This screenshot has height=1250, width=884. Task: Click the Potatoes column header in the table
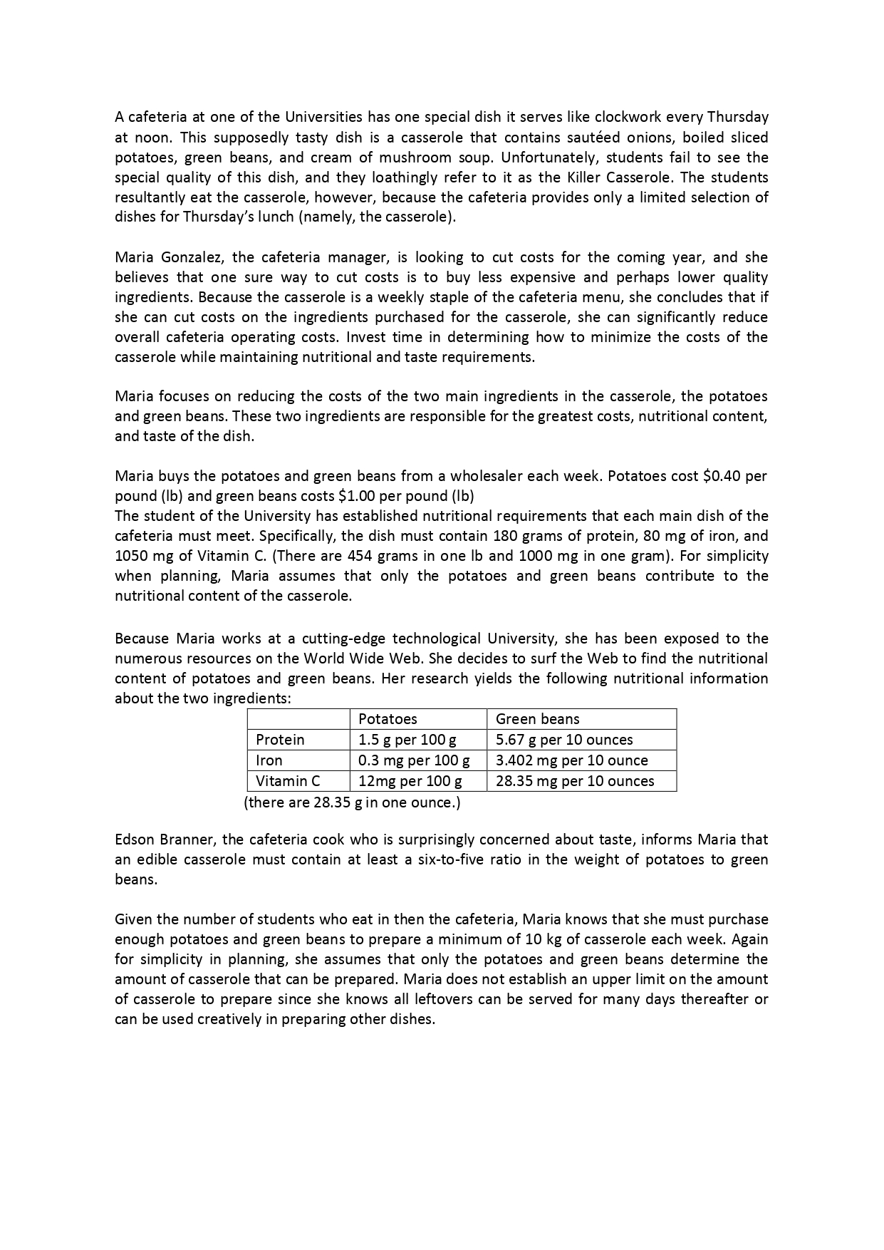click(388, 719)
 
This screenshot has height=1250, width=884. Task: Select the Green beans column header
click(537, 719)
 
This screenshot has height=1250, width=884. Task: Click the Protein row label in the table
click(280, 740)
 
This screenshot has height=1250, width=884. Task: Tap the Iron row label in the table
click(269, 760)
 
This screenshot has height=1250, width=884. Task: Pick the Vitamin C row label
click(288, 781)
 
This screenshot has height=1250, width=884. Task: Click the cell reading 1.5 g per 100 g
click(407, 740)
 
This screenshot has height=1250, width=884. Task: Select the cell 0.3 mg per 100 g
click(414, 760)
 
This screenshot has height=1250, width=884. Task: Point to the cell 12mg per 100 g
click(410, 781)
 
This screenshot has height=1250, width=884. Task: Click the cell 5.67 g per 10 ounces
click(564, 740)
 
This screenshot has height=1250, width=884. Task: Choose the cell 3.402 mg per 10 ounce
click(571, 760)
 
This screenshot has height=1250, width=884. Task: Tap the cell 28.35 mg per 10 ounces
click(574, 781)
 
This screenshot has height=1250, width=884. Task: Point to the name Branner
click(184, 840)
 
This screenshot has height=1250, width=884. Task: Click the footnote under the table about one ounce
click(352, 802)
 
